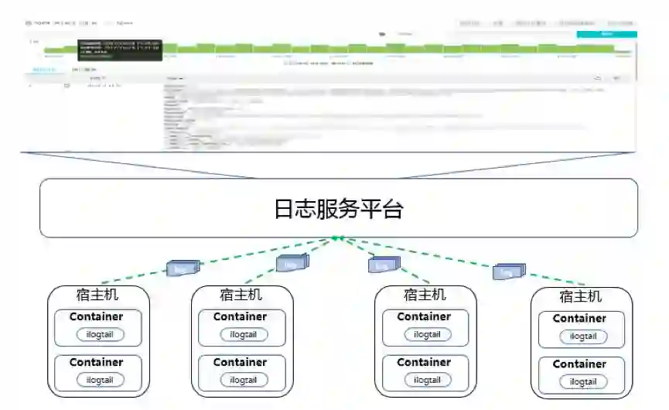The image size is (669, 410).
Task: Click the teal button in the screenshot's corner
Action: tap(606, 34)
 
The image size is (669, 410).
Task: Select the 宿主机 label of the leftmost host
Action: tap(97, 295)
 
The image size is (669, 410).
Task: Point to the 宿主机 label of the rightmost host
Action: tap(580, 296)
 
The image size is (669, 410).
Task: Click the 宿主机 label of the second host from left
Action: tap(241, 295)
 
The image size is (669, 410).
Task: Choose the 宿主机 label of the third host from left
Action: tap(425, 295)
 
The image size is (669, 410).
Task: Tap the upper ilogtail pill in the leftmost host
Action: tap(100, 335)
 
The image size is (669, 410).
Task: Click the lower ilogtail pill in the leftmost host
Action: tap(100, 380)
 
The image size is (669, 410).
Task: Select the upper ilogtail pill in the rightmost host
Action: tap(583, 337)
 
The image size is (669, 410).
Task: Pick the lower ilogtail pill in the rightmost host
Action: tap(583, 382)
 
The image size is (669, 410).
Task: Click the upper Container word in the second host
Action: tap(240, 316)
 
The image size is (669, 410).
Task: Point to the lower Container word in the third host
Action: tap(424, 362)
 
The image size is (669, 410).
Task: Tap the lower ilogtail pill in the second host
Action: tap(244, 380)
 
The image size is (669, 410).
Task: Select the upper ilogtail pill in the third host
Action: tap(427, 335)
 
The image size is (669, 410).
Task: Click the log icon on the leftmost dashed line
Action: tap(183, 268)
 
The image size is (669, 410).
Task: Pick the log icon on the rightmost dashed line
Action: tap(508, 272)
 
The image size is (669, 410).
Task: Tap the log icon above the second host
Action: tap(292, 264)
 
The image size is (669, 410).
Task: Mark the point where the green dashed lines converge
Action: tap(337, 237)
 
